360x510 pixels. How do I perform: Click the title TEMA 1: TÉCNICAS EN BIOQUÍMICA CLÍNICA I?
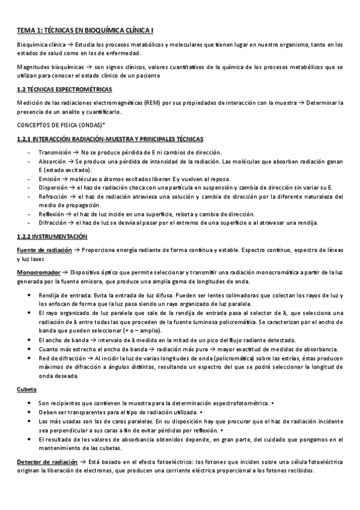pos(85,29)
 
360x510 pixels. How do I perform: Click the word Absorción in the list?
pos(53,162)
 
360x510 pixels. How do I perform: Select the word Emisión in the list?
pos(52,179)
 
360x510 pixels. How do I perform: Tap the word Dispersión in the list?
pos(55,188)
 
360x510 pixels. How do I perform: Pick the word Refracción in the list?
pos(55,196)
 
